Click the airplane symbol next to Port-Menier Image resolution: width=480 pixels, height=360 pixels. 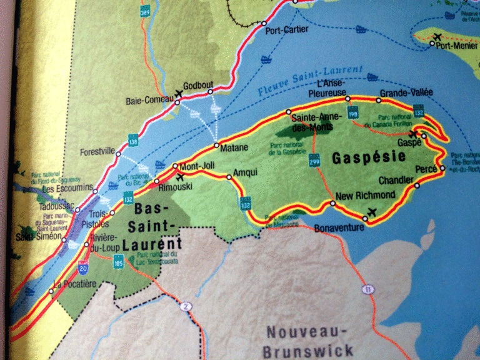[436, 37]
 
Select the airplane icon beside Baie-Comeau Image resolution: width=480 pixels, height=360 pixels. [180, 94]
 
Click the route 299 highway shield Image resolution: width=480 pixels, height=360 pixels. [313, 162]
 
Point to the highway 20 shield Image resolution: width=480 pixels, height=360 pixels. [83, 267]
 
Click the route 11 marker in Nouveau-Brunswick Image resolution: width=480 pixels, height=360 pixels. [366, 289]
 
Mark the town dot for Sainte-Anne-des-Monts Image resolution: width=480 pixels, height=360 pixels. [289, 112]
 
